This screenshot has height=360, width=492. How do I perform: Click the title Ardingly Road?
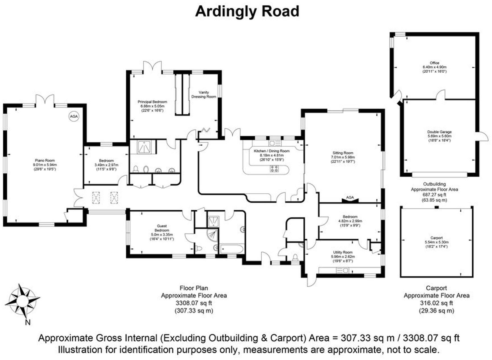click(x=247, y=12)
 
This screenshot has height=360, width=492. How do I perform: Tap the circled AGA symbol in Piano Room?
click(x=73, y=116)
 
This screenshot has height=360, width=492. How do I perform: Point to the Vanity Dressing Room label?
click(x=204, y=94)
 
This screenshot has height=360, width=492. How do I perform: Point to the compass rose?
click(x=22, y=301)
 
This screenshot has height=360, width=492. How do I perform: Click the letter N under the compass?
click(x=28, y=322)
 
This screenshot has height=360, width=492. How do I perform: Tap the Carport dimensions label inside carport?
click(x=436, y=242)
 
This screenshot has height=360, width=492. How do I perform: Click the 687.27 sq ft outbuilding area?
click(x=434, y=195)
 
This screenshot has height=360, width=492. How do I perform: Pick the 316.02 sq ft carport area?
click(x=436, y=303)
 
